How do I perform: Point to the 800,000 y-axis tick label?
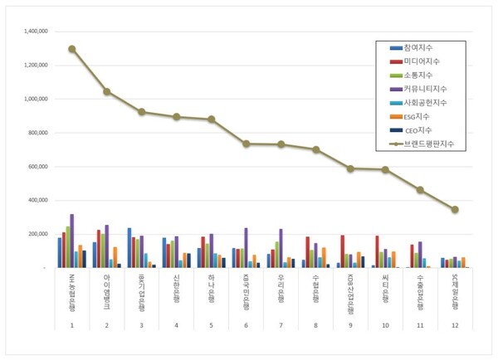[38, 133]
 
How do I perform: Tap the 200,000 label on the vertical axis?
[38, 234]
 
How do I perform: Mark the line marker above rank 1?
[72, 49]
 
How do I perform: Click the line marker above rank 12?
[455, 209]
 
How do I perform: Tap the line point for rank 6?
[247, 144]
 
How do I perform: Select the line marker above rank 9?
[350, 168]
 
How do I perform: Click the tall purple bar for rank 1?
[71, 241]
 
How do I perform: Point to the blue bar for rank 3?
[129, 247]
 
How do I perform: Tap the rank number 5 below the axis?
[211, 325]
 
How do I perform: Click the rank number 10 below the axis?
[385, 325]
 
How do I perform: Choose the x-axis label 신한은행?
[177, 286]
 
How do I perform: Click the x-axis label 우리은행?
[281, 286]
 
